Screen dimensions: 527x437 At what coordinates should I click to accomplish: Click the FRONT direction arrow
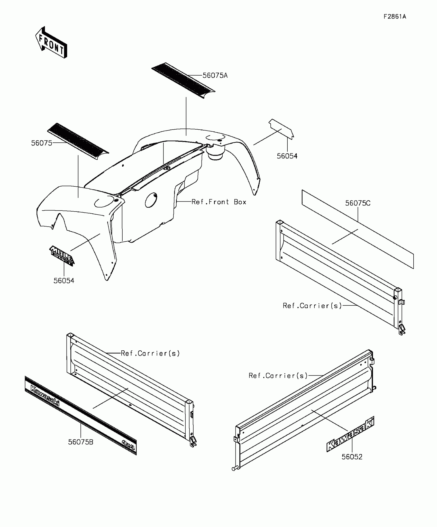(x=51, y=43)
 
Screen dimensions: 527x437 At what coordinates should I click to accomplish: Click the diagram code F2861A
(x=395, y=17)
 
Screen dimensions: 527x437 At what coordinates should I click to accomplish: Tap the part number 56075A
(x=215, y=76)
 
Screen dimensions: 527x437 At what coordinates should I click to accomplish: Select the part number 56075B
(x=81, y=442)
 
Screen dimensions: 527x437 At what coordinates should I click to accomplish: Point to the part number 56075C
(x=358, y=203)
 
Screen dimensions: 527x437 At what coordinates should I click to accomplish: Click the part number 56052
(x=352, y=457)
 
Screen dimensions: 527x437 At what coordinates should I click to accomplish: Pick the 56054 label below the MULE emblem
(x=64, y=281)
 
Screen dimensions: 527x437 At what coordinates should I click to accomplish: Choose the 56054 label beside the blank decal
(x=287, y=156)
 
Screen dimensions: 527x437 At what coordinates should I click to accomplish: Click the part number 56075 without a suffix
(x=42, y=143)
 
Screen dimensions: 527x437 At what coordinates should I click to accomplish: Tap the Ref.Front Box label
(x=219, y=202)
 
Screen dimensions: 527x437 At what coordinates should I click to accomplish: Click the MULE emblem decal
(x=62, y=255)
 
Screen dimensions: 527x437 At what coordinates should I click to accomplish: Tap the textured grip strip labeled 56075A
(x=183, y=80)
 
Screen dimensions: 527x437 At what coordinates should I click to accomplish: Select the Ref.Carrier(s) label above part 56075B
(x=150, y=353)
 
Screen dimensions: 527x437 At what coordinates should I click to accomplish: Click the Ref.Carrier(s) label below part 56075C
(x=312, y=306)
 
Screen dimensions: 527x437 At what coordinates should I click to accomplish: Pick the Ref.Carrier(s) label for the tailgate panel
(x=278, y=376)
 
